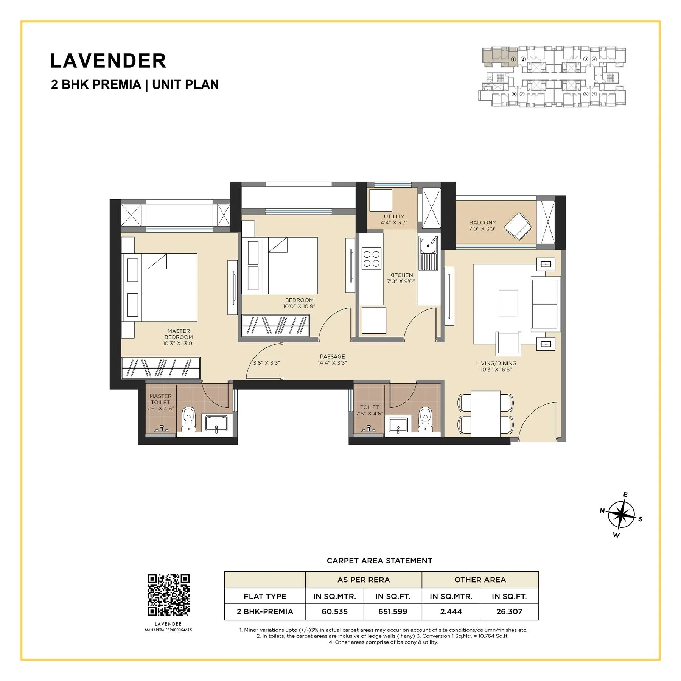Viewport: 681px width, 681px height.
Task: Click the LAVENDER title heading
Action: (x=108, y=61)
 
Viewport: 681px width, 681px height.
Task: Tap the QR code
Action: (x=168, y=595)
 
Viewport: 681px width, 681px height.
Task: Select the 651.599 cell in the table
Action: (x=392, y=611)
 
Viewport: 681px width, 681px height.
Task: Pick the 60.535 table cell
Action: (x=334, y=611)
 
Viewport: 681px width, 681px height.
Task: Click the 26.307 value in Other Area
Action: (x=509, y=611)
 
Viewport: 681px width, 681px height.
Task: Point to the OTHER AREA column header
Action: (x=480, y=580)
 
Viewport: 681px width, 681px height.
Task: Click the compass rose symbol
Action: (x=621, y=515)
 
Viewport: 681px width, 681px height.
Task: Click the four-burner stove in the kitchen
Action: (x=371, y=259)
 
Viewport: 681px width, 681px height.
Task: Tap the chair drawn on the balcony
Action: (x=518, y=226)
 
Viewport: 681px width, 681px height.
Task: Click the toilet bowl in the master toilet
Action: (x=188, y=418)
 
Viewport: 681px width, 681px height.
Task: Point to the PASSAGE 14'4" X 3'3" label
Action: (x=332, y=359)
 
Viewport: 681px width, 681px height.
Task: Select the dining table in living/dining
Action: (x=485, y=414)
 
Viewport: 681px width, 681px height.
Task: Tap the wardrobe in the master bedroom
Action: (x=161, y=368)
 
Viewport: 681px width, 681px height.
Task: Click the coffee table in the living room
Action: (x=508, y=303)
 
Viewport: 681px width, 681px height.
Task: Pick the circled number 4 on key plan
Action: (x=594, y=59)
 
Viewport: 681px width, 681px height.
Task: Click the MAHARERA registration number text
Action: (x=168, y=630)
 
